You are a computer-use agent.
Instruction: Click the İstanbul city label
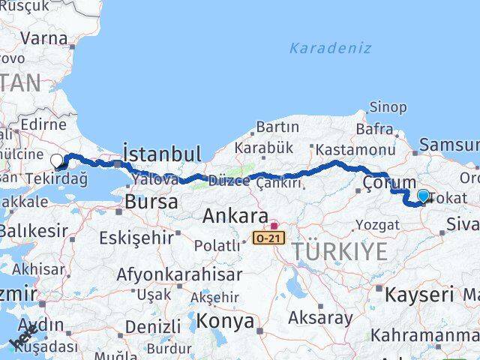point(161,154)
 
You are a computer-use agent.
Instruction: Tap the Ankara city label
point(235,217)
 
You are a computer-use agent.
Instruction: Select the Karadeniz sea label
point(331,48)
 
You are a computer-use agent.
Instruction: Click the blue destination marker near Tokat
point(424,196)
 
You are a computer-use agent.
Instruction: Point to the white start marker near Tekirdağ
point(57,160)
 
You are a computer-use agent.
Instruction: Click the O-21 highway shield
point(268,238)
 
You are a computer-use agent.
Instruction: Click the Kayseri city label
point(419,295)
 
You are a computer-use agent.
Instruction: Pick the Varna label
point(44,36)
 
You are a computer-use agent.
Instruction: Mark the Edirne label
point(45,124)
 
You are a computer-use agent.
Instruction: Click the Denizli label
point(153,326)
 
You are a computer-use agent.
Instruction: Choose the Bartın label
point(277,127)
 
